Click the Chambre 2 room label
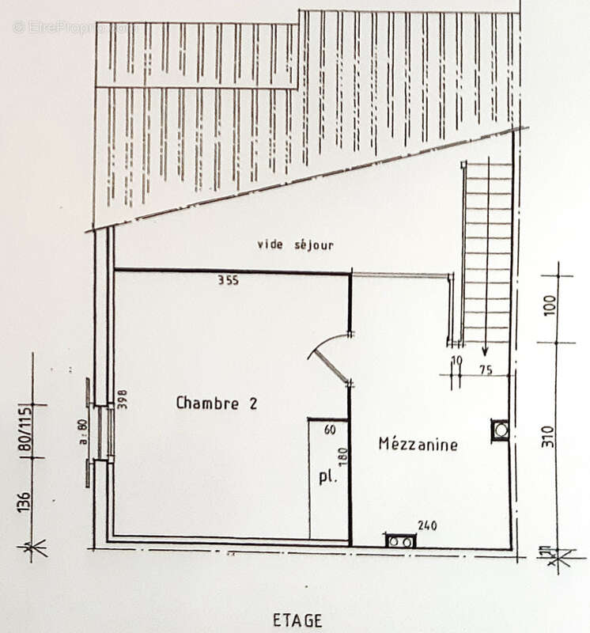click(216, 403)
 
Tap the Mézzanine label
click(418, 444)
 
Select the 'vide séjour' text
click(294, 245)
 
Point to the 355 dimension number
click(229, 279)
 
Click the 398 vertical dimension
click(122, 399)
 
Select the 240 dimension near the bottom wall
click(428, 524)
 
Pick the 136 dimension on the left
click(26, 503)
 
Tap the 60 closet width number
click(329, 430)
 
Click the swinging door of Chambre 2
click(330, 364)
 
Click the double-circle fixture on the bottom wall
click(399, 541)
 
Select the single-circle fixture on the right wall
click(500, 430)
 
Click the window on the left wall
click(100, 433)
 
